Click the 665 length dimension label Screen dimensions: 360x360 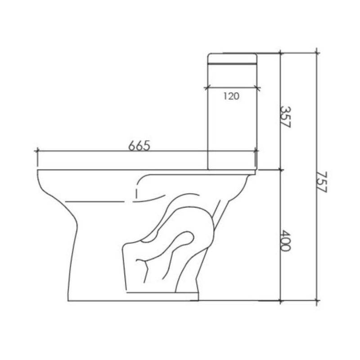point(138,145)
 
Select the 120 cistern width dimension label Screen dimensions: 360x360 point(231,95)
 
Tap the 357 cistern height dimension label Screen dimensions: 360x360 point(285,117)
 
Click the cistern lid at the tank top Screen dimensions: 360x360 point(232,59)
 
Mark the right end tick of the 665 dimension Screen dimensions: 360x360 point(256,152)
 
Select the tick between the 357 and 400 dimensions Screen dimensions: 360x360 point(281,170)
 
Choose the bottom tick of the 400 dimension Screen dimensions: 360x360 point(281,299)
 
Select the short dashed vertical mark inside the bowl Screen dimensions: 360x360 point(135,194)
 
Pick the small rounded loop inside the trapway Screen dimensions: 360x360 point(184,239)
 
